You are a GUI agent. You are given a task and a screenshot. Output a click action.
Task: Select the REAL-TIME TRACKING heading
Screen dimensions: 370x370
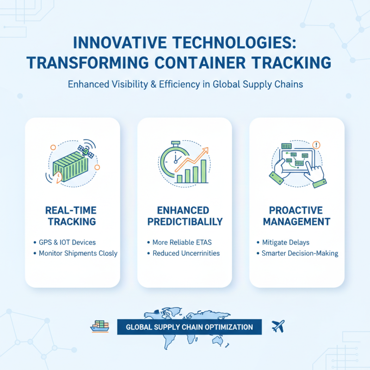click(72, 216)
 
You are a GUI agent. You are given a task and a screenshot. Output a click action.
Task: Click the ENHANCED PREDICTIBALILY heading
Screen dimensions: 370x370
click(185, 216)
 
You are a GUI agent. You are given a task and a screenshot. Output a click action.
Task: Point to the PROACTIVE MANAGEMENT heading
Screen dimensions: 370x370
click(296, 216)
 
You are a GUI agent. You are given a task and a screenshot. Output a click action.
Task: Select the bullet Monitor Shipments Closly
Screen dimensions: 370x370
click(78, 253)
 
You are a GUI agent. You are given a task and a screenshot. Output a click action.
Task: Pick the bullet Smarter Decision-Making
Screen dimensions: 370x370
click(299, 253)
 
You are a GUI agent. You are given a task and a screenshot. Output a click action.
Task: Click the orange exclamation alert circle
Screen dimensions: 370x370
click(317, 145)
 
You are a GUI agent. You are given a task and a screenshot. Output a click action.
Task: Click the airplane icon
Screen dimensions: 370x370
click(278, 326)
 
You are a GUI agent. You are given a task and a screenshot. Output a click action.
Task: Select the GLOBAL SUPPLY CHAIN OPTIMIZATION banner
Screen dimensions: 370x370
click(189, 327)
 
